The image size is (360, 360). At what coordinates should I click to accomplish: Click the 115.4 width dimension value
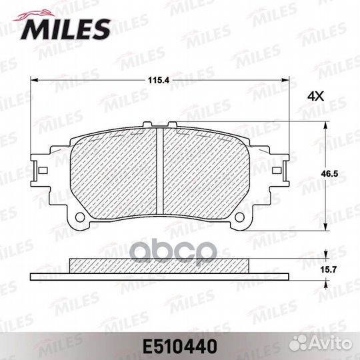(x=159, y=81)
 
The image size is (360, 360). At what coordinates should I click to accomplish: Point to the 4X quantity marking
(x=316, y=97)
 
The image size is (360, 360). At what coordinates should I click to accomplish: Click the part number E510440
(x=180, y=347)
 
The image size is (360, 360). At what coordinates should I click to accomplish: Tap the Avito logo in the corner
(x=320, y=344)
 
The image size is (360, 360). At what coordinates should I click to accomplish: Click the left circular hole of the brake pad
(x=80, y=217)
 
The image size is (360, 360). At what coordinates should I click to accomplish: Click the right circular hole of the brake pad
(x=240, y=217)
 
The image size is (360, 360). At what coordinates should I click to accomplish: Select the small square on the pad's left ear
(x=43, y=171)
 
